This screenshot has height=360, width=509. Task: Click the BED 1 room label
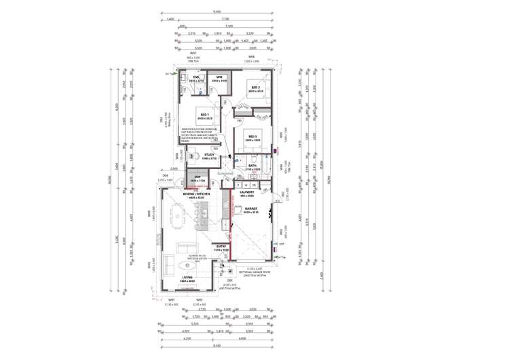point(206,115)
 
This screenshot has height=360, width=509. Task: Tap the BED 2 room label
point(255,88)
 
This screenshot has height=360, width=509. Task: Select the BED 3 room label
point(252,137)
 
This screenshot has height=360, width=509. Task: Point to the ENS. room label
point(195,78)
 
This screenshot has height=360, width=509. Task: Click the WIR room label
point(219,78)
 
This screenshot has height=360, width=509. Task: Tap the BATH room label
point(252,165)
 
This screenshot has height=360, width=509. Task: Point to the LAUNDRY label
point(246,192)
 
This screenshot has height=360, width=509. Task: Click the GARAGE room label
point(251,210)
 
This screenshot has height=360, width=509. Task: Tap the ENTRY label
point(221,247)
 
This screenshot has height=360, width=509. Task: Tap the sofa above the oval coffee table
point(184,246)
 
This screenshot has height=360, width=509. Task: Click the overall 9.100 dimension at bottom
point(216,346)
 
